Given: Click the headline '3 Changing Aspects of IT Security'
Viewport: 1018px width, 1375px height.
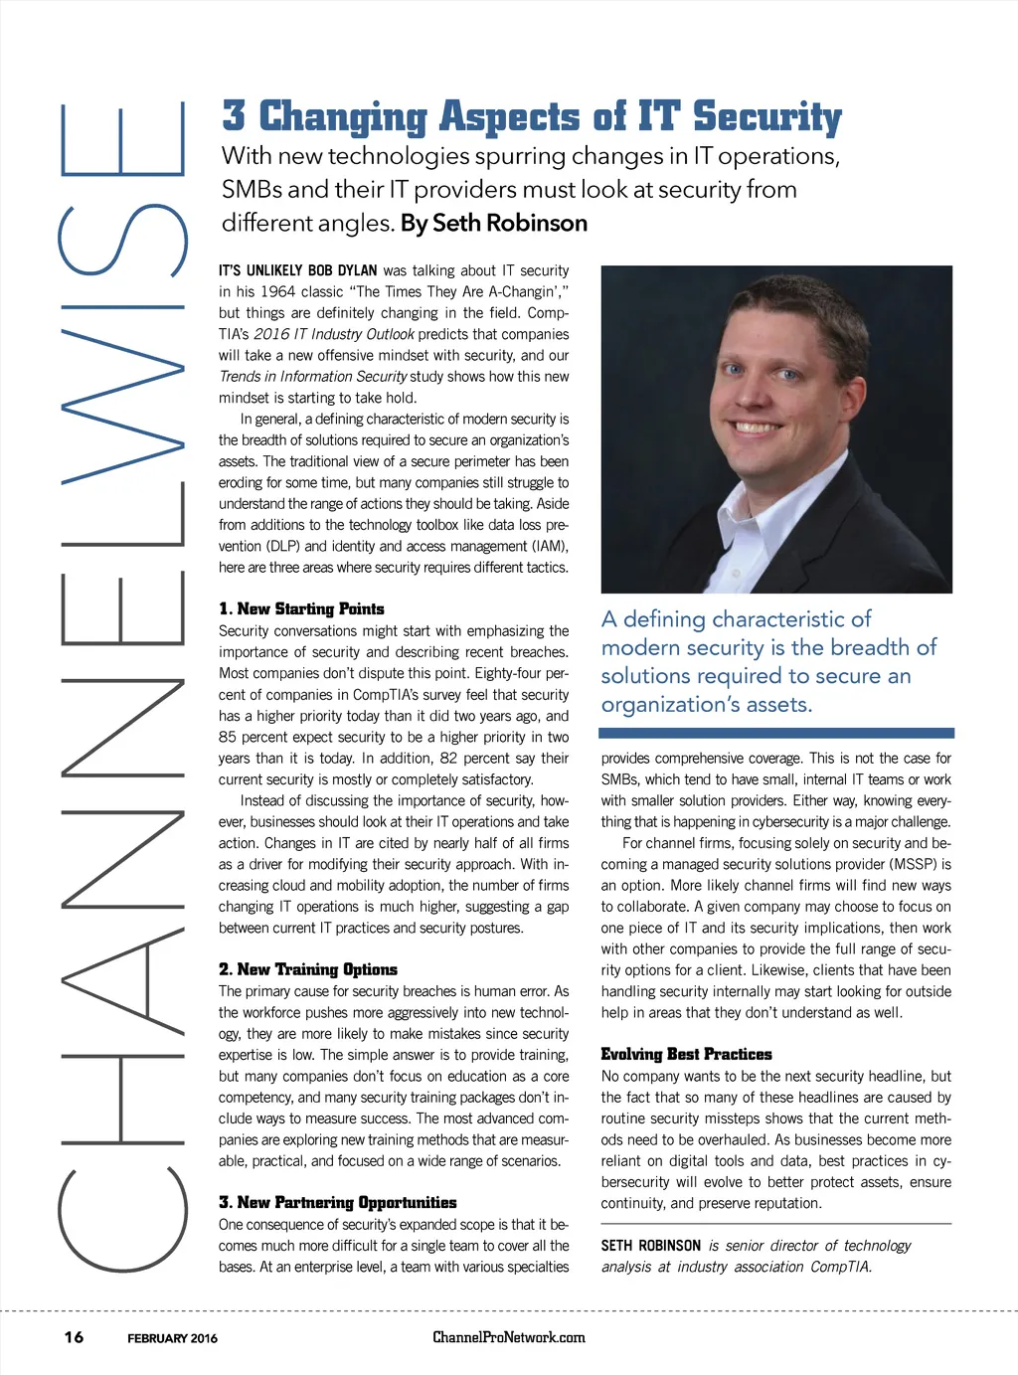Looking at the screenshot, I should tap(532, 117).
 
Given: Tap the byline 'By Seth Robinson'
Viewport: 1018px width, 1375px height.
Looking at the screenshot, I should tap(494, 223).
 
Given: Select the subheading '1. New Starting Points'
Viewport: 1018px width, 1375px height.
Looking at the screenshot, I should tap(301, 608).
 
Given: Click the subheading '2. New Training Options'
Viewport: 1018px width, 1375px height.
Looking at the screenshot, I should tap(308, 969).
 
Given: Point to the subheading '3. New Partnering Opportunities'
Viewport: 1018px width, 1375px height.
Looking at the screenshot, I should tap(338, 1203).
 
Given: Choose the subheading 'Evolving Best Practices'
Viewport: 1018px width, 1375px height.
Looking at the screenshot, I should tap(686, 1054).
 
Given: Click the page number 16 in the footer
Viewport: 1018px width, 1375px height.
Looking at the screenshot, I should tap(75, 1337).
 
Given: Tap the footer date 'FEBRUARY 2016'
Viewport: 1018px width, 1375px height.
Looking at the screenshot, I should tap(172, 1338).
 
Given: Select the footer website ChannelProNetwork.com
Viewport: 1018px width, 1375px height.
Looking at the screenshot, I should tap(509, 1337).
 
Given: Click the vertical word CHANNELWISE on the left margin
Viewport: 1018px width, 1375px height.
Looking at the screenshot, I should tap(122, 686).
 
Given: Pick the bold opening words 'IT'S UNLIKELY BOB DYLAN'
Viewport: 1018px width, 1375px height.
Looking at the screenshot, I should tap(298, 270).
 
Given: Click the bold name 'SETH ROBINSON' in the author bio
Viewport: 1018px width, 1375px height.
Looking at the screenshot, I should tap(651, 1246).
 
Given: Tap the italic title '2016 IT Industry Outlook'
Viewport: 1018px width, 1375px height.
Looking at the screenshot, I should tap(334, 334).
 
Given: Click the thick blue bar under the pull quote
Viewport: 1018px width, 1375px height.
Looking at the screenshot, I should tap(776, 733).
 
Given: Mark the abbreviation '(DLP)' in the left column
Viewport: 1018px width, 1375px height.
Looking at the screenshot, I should tap(283, 546).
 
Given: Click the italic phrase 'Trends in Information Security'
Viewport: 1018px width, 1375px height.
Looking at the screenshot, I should tap(313, 376).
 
